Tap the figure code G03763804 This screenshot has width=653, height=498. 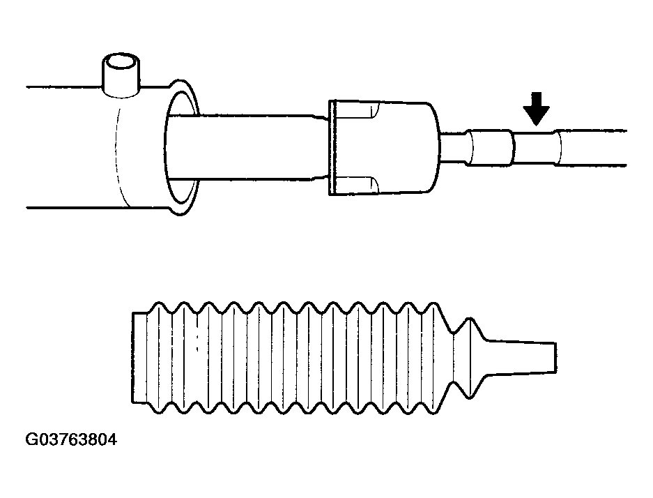[x=71, y=439]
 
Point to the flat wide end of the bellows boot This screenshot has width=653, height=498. [x=139, y=358]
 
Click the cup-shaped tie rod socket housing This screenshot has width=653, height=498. [x=384, y=148]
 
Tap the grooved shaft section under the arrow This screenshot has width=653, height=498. [x=535, y=149]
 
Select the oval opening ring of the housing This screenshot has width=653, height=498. [x=182, y=148]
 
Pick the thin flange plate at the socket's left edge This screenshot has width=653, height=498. [x=332, y=148]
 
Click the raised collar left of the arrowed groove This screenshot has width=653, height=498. [x=490, y=148]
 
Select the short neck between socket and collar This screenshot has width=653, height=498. [x=453, y=149]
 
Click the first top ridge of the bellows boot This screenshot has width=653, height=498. [x=159, y=308]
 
